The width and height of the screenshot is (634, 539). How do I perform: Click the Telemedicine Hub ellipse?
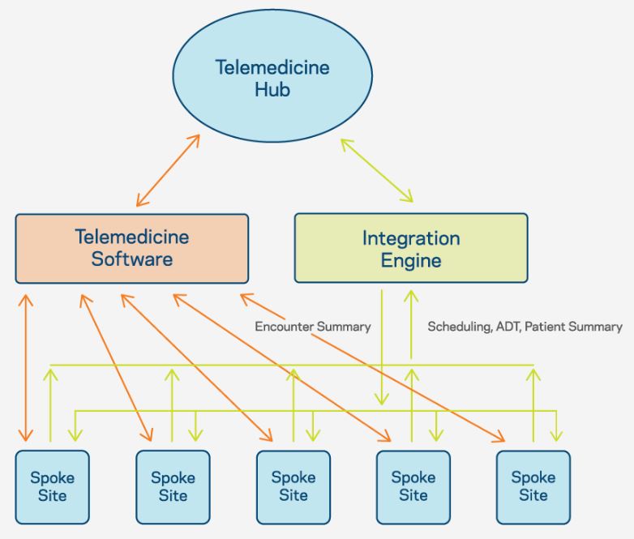click(272, 76)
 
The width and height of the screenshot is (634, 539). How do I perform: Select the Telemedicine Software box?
click(132, 248)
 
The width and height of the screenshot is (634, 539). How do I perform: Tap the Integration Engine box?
click(411, 248)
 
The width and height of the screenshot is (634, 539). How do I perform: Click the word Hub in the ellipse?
click(272, 89)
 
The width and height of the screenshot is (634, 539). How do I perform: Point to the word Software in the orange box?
click(132, 259)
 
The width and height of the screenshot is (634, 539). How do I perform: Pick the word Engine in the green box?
click(411, 261)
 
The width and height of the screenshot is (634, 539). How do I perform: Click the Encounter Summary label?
click(313, 327)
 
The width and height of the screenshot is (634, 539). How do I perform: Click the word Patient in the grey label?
click(542, 327)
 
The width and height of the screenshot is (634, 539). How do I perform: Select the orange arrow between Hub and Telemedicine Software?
click(168, 171)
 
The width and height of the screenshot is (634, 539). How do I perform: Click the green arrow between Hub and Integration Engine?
click(376, 171)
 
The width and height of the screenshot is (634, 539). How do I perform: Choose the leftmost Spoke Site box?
click(52, 487)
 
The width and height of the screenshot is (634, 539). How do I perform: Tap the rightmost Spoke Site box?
click(533, 487)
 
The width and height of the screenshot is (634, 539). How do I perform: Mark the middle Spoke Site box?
click(293, 487)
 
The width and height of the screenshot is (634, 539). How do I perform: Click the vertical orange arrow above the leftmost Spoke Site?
click(26, 367)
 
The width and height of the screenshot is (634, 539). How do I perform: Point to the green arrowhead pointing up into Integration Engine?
click(411, 297)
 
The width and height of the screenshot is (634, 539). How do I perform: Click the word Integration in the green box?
click(411, 238)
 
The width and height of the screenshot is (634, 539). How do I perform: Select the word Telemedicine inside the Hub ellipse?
click(272, 67)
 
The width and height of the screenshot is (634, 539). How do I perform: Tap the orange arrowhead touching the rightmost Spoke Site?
click(499, 437)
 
